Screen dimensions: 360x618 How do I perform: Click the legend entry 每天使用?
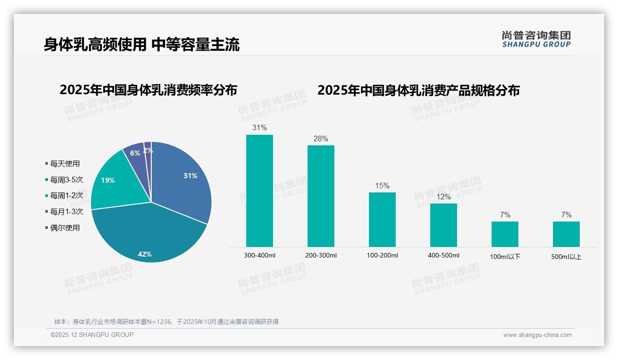pyautogui.click(x=65, y=164)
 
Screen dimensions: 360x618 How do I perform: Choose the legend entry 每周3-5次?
pyautogui.click(x=66, y=180)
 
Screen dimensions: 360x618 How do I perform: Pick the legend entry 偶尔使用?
pyautogui.click(x=65, y=228)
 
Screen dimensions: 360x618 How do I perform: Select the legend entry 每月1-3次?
pyautogui.click(x=66, y=212)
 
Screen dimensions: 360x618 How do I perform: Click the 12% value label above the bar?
pyautogui.click(x=444, y=197)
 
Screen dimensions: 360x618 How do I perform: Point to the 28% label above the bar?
pyautogui.click(x=321, y=139)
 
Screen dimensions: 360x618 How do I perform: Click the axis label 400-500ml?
pyautogui.click(x=444, y=256)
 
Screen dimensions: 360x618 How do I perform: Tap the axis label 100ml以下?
pyautogui.click(x=505, y=257)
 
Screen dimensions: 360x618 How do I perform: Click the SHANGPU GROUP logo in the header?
pyautogui.click(x=536, y=39)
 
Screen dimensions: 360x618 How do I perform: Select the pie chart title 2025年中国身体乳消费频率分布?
pyautogui.click(x=148, y=90)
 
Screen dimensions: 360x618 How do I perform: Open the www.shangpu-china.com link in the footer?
pyautogui.click(x=537, y=335)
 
